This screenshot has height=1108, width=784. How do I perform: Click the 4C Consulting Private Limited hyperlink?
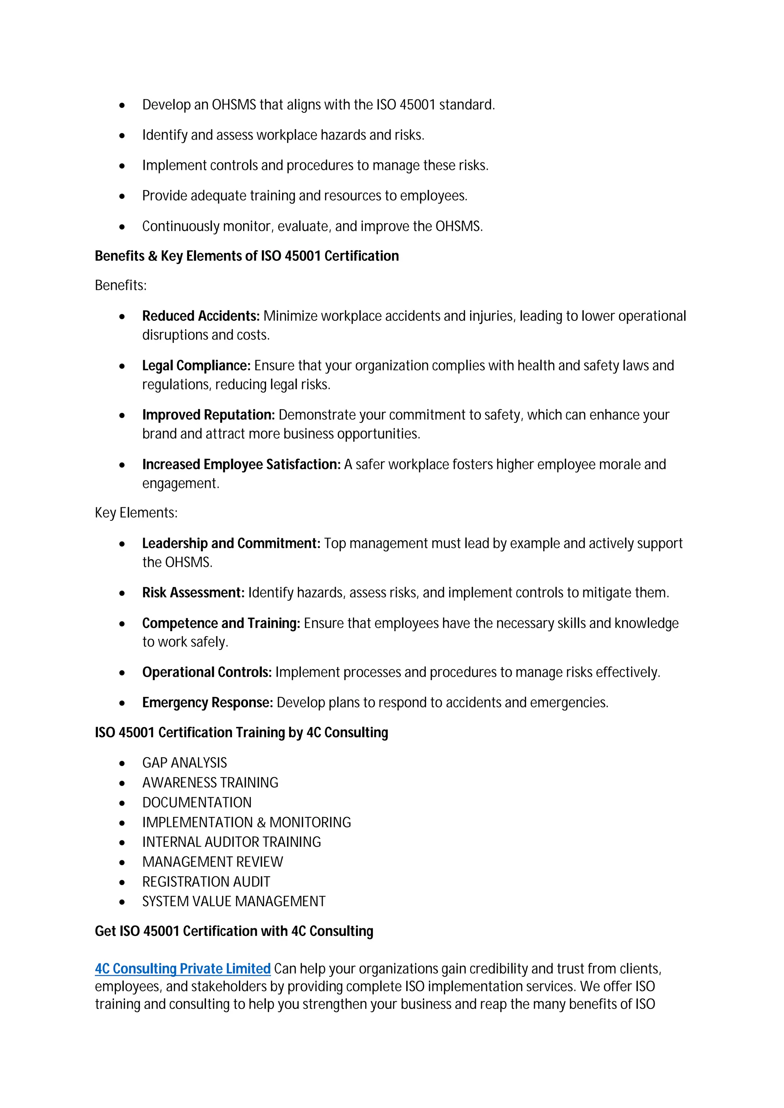pos(183,968)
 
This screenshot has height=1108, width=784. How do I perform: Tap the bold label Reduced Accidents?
pos(201,316)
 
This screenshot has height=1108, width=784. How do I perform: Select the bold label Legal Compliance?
pos(196,366)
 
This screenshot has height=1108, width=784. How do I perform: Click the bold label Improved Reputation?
pos(208,415)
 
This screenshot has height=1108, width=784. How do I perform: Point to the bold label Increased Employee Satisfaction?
pos(241,464)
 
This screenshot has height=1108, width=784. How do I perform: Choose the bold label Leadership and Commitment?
pos(231,543)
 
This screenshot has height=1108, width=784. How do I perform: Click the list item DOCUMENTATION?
pos(197,802)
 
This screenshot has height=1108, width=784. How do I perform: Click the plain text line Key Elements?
pos(136,513)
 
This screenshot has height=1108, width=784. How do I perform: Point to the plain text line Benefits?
pos(120,286)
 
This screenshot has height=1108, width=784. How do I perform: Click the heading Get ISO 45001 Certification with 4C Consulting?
pos(234,931)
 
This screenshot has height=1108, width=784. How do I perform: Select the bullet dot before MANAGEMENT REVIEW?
pos(122,863)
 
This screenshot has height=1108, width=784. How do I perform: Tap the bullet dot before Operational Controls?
pos(122,673)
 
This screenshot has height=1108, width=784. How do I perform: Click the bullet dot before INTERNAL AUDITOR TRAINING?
pos(122,843)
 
